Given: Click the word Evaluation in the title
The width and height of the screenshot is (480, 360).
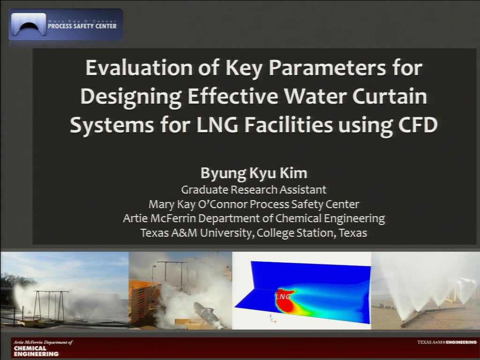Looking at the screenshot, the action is click(x=139, y=67).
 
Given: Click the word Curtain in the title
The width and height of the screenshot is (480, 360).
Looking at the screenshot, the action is click(x=390, y=96).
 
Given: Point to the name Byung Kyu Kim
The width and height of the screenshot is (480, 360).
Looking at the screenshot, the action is click(x=254, y=173).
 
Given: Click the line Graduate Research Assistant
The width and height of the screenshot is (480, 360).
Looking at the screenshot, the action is click(x=254, y=190).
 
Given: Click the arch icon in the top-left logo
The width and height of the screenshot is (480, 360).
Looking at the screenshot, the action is click(x=29, y=26).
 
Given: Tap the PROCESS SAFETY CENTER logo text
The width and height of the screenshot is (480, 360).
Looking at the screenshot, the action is click(x=82, y=26).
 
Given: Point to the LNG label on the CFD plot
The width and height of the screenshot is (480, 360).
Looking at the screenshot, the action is click(x=283, y=296).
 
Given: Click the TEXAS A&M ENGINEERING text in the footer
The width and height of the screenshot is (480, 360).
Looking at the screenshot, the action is click(x=447, y=342).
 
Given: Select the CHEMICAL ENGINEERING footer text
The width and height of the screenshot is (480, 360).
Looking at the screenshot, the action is click(x=36, y=351).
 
